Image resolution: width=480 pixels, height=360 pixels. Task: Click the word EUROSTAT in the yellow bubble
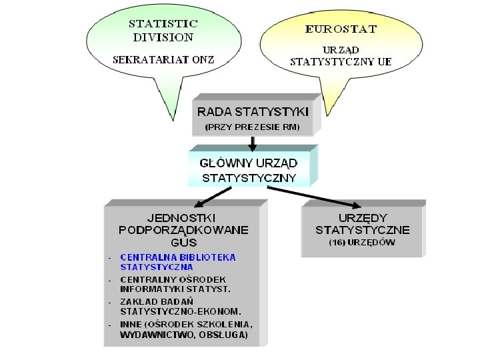[341, 29]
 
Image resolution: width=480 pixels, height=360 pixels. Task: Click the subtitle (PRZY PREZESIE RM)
[252, 126]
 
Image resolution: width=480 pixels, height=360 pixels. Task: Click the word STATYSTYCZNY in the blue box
[249, 178]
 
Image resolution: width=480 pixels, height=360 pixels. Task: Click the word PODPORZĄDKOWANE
[184, 230]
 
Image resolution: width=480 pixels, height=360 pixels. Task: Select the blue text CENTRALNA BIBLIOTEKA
[178, 257]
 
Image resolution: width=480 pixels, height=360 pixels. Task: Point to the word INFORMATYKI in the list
[150, 289]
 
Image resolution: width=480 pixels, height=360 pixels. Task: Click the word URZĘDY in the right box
[363, 217]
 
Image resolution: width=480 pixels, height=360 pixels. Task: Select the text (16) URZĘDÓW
[362, 243]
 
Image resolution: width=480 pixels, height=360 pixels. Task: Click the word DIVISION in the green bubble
[163, 37]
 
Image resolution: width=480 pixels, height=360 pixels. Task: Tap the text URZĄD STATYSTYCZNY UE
[341, 55]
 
